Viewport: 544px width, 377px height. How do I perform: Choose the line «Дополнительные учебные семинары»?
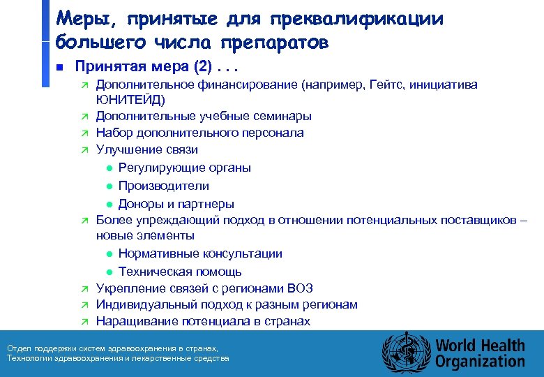tap(204, 117)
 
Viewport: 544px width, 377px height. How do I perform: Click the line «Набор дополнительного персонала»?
tap(199, 133)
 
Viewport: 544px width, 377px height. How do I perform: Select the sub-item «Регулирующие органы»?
tap(185, 168)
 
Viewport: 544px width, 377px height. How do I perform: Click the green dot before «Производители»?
tap(109, 186)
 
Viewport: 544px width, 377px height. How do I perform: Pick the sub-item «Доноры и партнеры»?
tap(176, 204)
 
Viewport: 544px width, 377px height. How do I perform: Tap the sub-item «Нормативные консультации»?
tap(200, 254)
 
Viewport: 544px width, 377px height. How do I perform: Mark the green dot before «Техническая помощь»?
tap(109, 272)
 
